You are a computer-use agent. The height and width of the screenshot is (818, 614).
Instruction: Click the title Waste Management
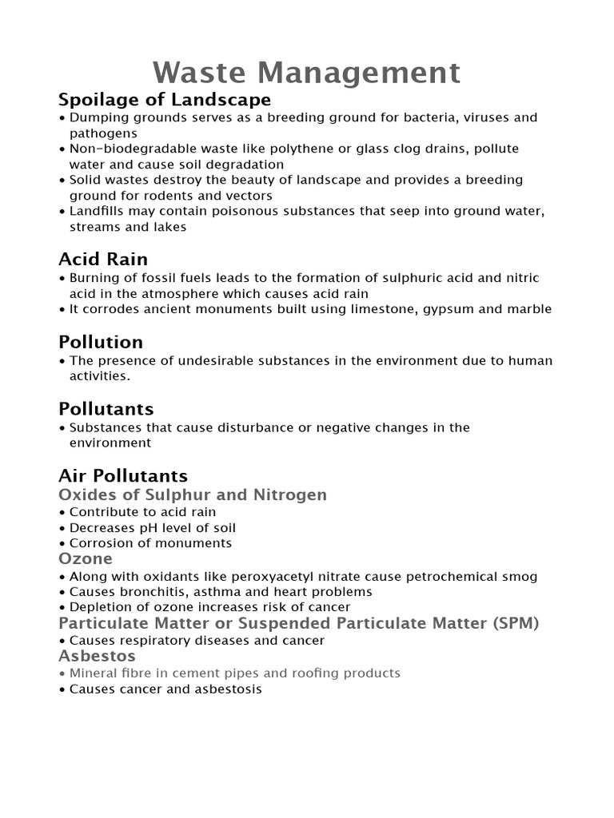tap(307, 73)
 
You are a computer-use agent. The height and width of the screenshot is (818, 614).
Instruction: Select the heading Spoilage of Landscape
tap(165, 100)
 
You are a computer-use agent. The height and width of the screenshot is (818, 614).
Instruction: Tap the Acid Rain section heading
tap(103, 260)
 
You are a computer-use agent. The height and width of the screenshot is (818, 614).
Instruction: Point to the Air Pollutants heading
tap(123, 476)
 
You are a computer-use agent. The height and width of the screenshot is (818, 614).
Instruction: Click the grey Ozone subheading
tap(86, 558)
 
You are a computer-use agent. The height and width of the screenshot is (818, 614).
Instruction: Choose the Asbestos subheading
tap(97, 656)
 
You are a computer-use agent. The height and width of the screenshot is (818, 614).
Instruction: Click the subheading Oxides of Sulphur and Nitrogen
tap(193, 494)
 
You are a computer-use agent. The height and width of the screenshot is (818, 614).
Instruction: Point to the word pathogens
tap(103, 133)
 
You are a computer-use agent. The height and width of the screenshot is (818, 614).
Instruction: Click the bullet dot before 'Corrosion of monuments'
tap(62, 544)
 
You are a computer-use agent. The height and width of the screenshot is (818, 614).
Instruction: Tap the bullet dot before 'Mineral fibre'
tap(62, 673)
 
